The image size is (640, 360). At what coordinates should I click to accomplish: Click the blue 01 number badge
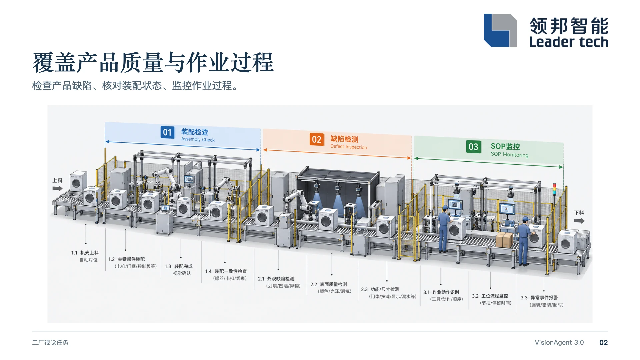pos(167,132)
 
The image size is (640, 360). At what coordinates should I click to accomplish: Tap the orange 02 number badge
pos(317,139)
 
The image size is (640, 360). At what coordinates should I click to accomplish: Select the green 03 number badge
pos(473,147)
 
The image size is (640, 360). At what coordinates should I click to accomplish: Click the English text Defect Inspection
pos(349,147)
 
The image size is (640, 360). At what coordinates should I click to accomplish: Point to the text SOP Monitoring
pos(509,154)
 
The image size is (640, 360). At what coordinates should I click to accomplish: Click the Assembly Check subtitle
pos(198,139)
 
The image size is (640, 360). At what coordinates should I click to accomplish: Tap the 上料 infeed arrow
pos(57,188)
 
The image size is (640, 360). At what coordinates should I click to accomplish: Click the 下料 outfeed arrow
pos(579,221)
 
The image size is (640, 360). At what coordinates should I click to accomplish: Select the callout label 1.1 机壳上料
pos(85,253)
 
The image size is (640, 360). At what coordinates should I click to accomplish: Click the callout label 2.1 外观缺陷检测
pos(276,279)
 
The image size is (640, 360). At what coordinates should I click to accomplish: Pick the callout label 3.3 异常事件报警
pos(539,298)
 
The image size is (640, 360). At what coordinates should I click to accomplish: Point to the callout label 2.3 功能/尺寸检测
pos(380,289)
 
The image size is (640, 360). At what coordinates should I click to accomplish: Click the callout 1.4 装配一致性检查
pos(226,271)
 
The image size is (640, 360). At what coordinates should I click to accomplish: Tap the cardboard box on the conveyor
pos(504,240)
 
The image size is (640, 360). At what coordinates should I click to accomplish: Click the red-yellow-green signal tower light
pos(554,188)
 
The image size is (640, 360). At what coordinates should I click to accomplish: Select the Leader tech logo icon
pos(500,30)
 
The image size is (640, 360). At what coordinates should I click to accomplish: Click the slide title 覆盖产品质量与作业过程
pos(153,62)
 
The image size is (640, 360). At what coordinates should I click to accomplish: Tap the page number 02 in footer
pos(603,343)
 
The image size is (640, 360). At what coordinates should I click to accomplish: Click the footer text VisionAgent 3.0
pos(559,343)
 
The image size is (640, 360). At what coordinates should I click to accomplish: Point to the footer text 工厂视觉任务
pos(50,343)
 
